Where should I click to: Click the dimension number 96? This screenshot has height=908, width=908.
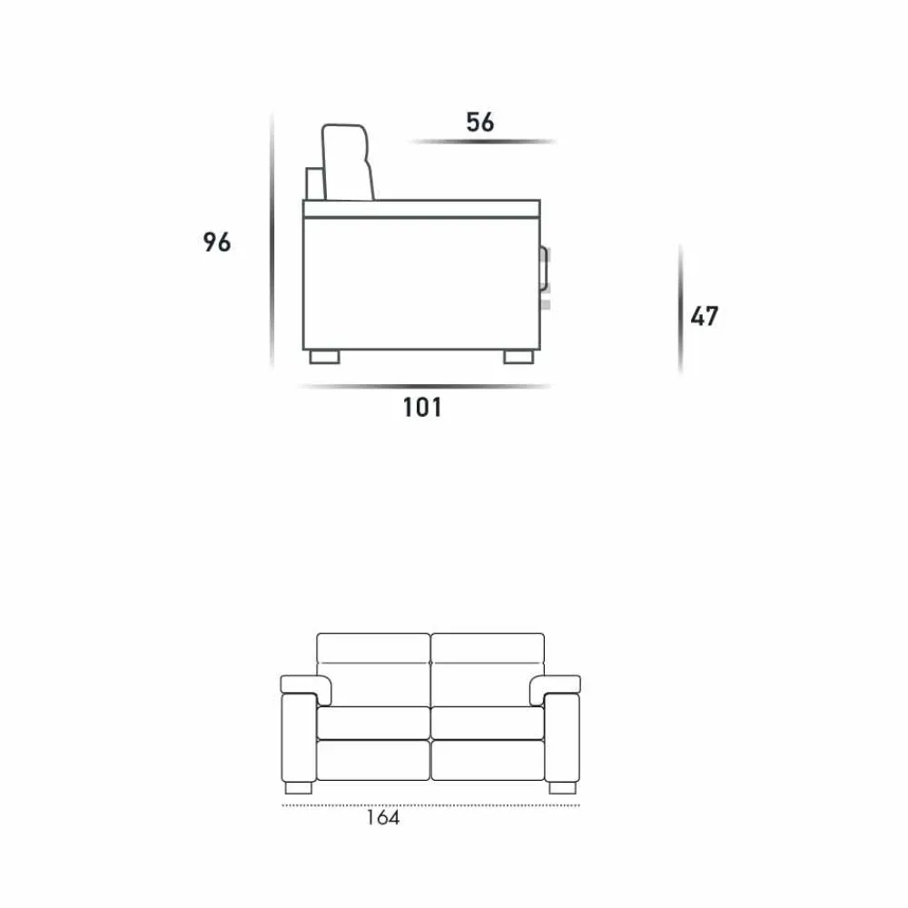[x=217, y=242]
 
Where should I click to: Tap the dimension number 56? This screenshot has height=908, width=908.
[x=480, y=123]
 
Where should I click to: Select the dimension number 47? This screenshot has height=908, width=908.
[x=705, y=316]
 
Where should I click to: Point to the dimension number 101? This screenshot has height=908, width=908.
[x=422, y=407]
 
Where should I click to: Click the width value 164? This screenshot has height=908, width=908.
[x=383, y=818]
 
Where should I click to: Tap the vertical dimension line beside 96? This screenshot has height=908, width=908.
[x=271, y=241]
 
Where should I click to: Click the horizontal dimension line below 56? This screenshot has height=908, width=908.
[x=482, y=142]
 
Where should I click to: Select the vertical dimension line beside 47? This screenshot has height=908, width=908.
[x=680, y=310]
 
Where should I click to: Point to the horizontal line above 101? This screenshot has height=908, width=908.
[x=424, y=386]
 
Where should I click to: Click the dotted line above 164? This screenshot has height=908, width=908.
[x=430, y=804]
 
